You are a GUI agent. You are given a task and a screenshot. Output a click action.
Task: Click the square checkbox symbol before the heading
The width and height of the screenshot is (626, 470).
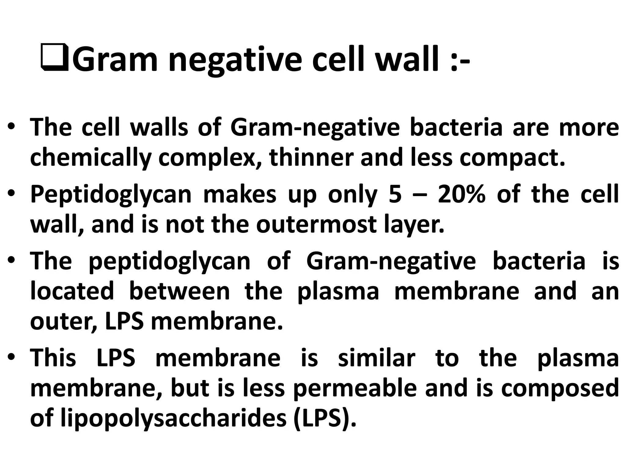coord(54,58)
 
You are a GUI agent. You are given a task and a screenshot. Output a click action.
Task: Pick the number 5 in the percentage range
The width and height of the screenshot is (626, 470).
coord(395,194)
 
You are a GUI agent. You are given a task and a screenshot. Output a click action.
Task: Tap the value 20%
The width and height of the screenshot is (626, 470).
coord(462,194)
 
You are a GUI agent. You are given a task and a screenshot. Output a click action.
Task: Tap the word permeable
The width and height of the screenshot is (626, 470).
coord(355,389)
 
